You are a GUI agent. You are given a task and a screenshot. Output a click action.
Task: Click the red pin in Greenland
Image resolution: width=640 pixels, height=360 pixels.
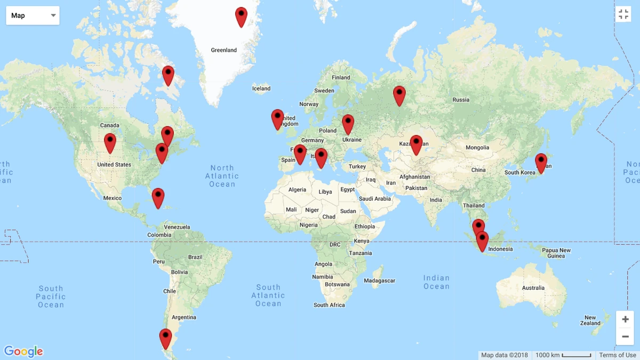click(x=241, y=16)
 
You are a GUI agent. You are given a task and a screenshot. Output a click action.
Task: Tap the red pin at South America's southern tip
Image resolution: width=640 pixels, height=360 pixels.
click(x=165, y=338)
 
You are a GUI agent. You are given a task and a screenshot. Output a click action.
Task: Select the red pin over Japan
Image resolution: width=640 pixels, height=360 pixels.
click(x=541, y=163)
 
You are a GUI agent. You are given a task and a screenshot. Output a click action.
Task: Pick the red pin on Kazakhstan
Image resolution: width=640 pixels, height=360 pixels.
click(x=416, y=144)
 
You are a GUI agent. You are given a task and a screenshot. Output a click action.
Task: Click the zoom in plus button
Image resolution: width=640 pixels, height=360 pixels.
click(x=625, y=319)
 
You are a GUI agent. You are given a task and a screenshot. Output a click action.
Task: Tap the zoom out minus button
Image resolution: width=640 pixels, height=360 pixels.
click(x=625, y=337)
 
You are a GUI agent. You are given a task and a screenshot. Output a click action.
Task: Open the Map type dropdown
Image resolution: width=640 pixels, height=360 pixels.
click(x=33, y=15)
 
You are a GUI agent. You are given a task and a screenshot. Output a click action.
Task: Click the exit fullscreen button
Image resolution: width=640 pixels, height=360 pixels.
click(x=623, y=14)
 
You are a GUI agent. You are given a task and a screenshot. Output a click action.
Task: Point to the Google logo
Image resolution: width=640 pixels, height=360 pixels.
click(x=23, y=351)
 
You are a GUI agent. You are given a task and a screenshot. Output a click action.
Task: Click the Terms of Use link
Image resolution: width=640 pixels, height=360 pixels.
click(x=617, y=355)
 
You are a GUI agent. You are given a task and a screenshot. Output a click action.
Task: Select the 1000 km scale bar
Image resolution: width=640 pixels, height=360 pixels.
click(x=563, y=355)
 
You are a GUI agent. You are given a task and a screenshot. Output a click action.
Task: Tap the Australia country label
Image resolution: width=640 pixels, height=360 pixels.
click(x=533, y=288)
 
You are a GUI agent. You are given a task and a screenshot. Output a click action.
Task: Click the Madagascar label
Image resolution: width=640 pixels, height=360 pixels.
click(x=380, y=281)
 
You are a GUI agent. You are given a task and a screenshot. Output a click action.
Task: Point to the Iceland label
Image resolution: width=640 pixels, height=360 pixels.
click(x=261, y=89)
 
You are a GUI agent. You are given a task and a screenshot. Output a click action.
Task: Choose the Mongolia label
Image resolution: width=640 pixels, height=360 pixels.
click(x=477, y=148)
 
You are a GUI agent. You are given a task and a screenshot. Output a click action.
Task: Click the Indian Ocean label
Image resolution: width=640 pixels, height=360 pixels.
click(x=436, y=282)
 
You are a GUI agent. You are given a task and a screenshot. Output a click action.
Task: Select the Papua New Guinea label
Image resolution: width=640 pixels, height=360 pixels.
click(x=556, y=253)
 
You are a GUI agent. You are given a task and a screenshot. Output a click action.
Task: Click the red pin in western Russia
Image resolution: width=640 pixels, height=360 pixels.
click(x=399, y=95)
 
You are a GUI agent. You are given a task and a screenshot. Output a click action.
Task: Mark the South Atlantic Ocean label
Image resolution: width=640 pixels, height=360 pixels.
click(x=268, y=295)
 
